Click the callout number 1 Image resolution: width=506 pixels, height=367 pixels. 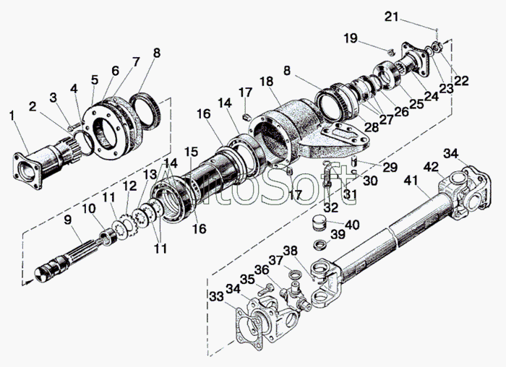pos(12,116)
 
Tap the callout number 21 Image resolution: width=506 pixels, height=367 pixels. pos(392,17)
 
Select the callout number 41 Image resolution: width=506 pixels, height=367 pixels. pos(411,181)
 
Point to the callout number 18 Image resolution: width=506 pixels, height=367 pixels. pos(267,81)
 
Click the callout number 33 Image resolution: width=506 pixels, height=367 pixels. pos(217,296)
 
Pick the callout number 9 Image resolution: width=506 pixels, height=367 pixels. pos(67,220)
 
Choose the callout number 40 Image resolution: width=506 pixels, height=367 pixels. pos(353,225)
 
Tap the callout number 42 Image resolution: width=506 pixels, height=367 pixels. pos(431,167)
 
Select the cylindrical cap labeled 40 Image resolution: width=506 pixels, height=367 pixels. pos(320,223)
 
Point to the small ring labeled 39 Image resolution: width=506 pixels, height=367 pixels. pos(320,243)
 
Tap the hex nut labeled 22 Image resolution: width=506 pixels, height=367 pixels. pos(437,48)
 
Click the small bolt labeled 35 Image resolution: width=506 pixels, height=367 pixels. pos(265,288)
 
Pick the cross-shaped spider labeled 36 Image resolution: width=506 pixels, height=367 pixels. pos(294,293)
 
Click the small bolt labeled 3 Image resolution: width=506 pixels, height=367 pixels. pos(74,126)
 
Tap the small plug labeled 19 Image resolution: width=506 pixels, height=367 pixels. pos(391,51)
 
